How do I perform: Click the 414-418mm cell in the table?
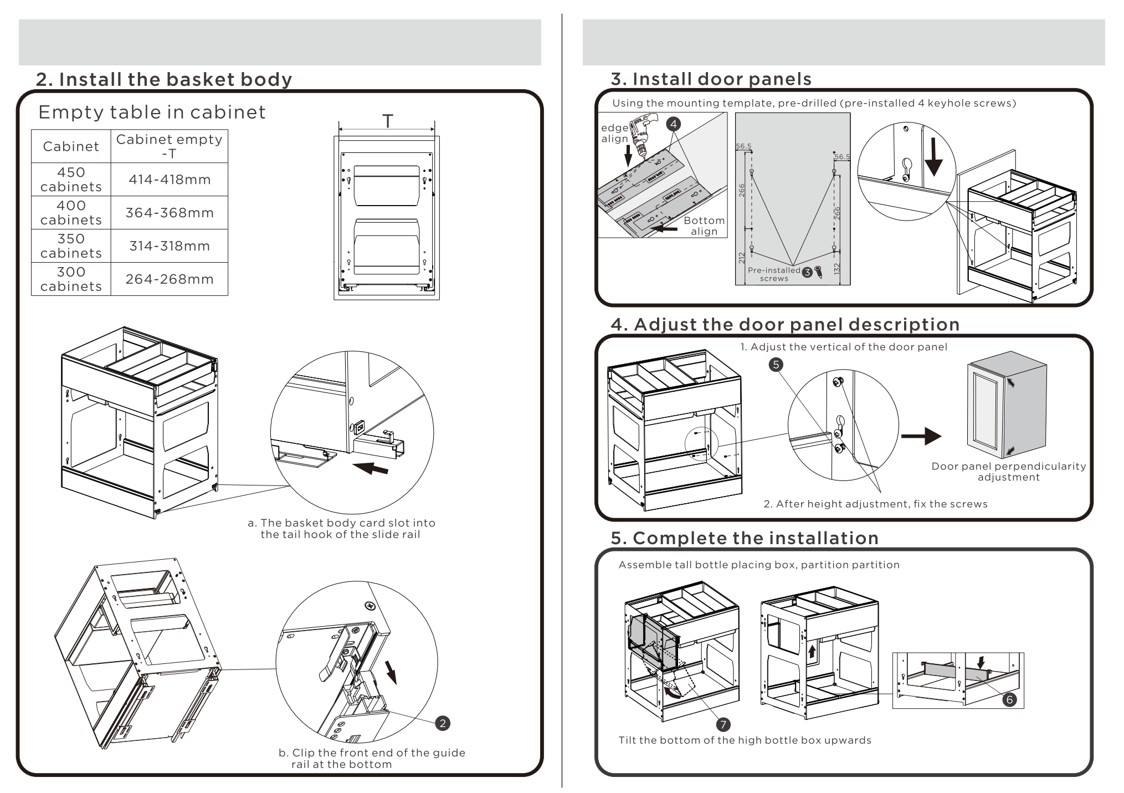(x=170, y=180)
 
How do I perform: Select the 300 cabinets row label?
(x=71, y=279)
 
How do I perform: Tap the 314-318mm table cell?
(x=170, y=246)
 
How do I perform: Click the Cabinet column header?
(x=71, y=146)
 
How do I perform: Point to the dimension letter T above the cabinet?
(x=388, y=121)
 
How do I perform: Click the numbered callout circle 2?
(x=443, y=723)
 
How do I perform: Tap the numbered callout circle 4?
(x=673, y=124)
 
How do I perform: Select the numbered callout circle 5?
(x=776, y=364)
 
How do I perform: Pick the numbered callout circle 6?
(x=1009, y=699)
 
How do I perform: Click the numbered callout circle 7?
(x=723, y=724)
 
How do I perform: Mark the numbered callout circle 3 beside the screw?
(x=807, y=272)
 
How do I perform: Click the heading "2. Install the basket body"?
(x=164, y=79)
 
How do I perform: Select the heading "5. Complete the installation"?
(x=745, y=538)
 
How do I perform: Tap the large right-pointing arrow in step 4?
(x=921, y=436)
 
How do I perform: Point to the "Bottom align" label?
(x=704, y=226)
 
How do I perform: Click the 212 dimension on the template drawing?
(x=742, y=258)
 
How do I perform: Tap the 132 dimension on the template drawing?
(x=837, y=268)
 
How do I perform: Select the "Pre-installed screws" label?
(x=774, y=274)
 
